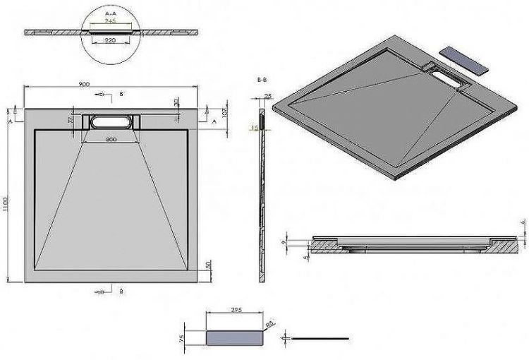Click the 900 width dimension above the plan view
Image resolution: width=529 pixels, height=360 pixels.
84,85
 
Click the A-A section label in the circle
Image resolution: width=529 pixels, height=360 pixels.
109,13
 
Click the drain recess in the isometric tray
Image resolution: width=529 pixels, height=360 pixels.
444,79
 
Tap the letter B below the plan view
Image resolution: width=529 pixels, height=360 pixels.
121,291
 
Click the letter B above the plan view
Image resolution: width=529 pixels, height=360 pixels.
121,93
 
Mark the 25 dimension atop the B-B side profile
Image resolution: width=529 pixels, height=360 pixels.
267,95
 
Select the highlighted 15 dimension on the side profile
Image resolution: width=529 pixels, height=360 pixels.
255,128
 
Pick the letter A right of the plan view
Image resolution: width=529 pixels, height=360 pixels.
214,121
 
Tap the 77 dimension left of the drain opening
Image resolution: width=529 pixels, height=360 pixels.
71,121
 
